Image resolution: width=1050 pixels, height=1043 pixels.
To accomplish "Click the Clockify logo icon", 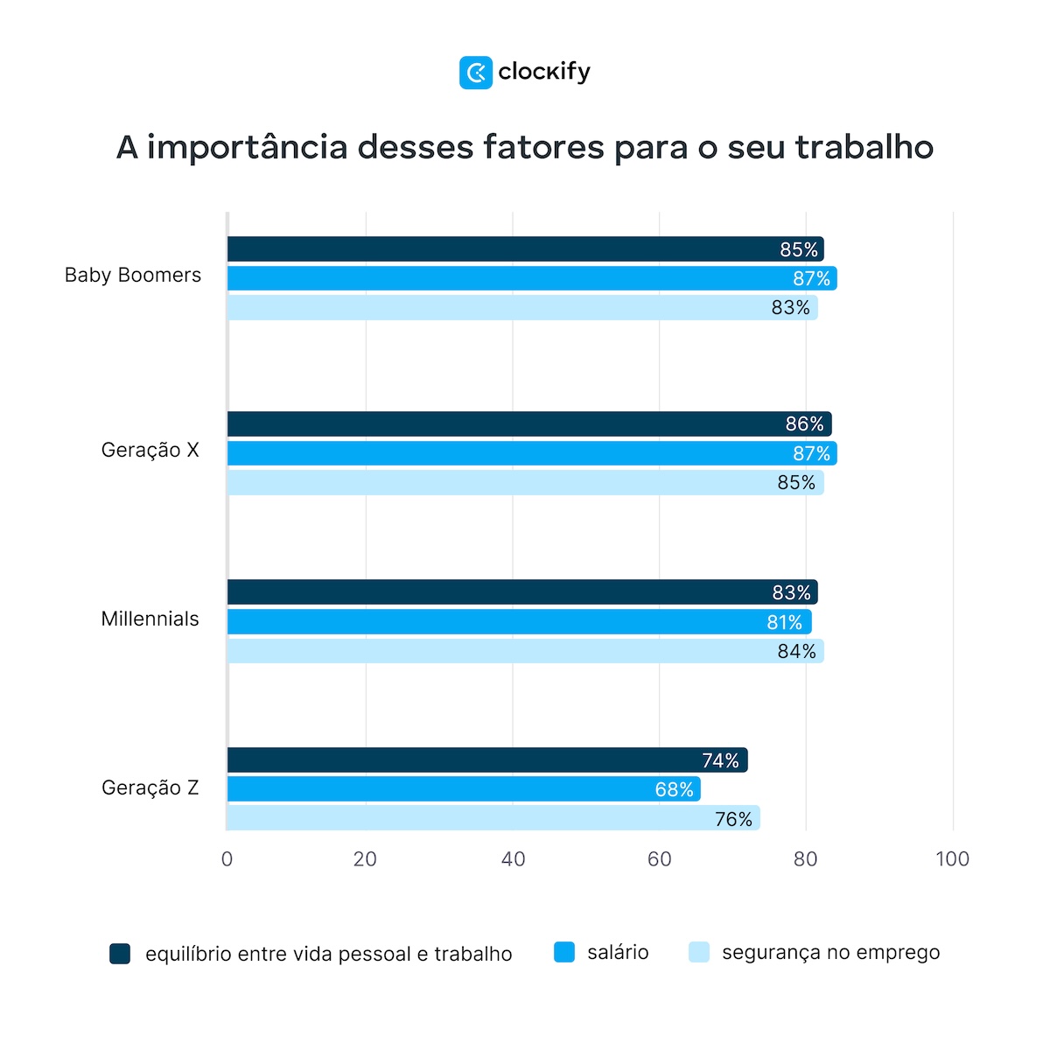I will [476, 73].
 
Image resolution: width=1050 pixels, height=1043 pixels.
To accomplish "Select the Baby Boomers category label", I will [133, 276].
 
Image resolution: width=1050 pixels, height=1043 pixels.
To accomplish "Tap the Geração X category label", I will [150, 451].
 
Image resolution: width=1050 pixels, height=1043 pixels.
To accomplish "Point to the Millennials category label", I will [150, 619].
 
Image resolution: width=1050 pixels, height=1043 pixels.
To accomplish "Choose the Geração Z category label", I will [150, 788].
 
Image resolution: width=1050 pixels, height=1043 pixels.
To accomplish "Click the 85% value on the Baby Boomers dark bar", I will [799, 250].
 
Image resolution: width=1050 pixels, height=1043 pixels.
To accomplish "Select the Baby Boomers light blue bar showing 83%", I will [522, 308].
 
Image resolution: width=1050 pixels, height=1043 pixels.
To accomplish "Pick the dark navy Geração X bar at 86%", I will [529, 424].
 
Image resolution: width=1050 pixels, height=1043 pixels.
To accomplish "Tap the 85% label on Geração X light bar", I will [796, 483].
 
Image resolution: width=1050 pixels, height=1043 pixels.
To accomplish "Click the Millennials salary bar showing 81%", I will [519, 622].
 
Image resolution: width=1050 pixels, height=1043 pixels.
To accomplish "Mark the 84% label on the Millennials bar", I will [796, 652].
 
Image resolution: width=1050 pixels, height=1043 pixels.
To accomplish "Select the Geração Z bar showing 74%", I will [487, 760].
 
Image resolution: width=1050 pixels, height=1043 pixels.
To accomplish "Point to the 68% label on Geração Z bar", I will [674, 790].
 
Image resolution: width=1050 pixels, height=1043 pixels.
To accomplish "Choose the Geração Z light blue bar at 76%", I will [493, 819].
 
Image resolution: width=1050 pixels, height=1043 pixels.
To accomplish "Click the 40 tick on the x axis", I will [514, 859].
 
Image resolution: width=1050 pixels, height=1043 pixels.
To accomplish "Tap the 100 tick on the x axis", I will [952, 859].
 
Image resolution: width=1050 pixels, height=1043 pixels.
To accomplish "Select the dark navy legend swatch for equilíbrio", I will [120, 954].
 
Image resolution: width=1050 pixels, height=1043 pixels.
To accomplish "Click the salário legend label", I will [618, 953].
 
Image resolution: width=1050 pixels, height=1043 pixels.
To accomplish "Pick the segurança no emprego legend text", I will [830, 953].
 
